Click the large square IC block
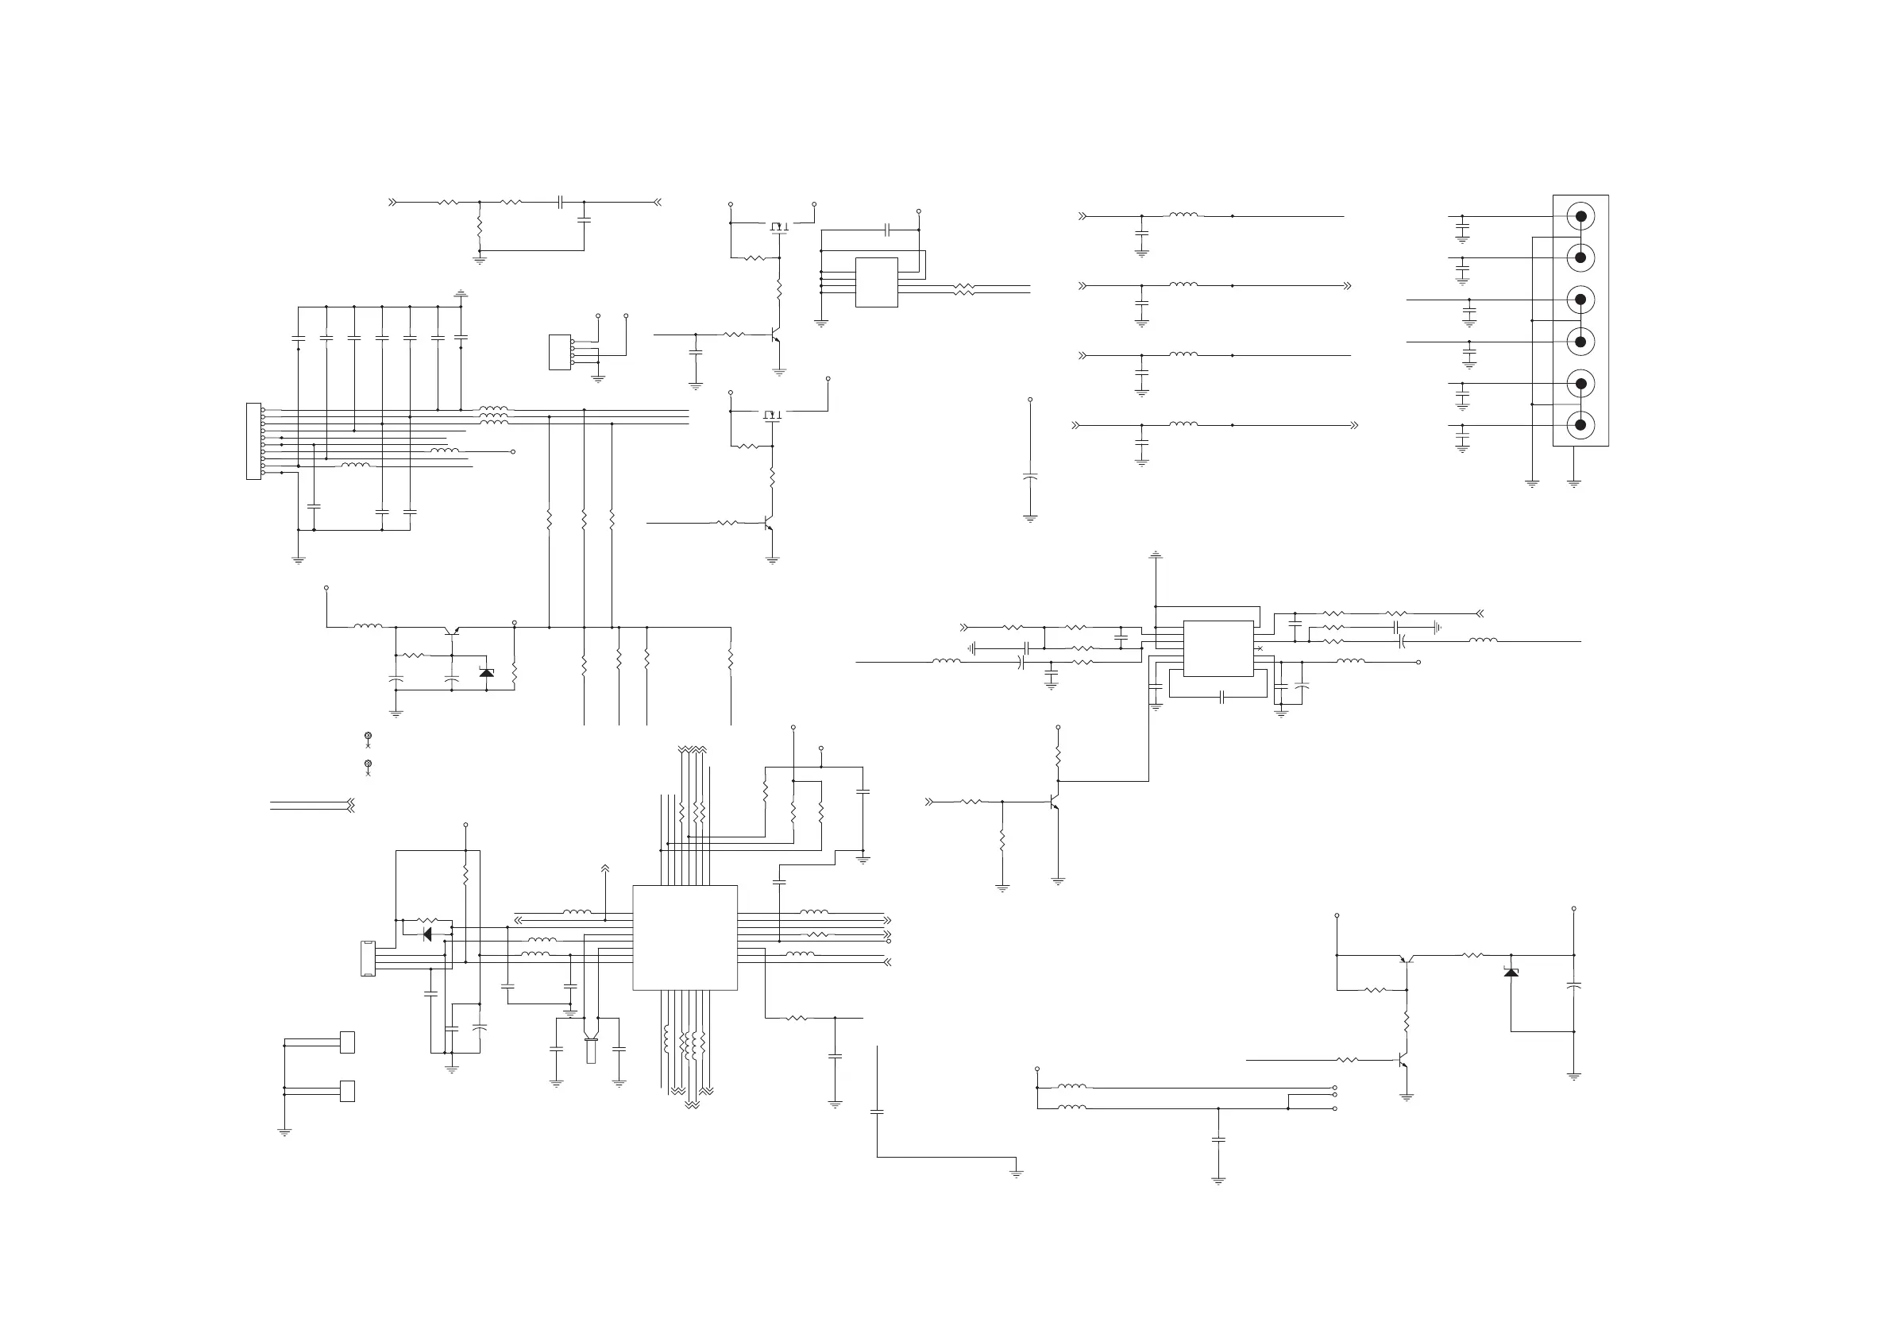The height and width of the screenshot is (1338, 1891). (x=685, y=938)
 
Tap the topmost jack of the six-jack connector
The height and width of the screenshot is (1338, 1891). (x=1580, y=217)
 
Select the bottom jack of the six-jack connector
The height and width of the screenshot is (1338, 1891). (x=1580, y=425)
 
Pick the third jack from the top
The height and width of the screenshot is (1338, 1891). (x=1580, y=300)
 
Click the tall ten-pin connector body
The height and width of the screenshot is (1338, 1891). (x=253, y=441)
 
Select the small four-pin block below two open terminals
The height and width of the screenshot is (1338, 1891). (x=559, y=352)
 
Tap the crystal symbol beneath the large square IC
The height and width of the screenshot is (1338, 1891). (x=591, y=1050)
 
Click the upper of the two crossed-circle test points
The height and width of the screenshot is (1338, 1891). (x=369, y=736)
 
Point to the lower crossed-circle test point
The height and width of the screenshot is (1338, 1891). (x=369, y=764)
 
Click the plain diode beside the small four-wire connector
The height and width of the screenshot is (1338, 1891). (x=426, y=934)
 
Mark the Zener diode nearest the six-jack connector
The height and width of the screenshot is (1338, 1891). (x=1511, y=973)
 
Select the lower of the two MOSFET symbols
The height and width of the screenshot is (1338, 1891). (x=772, y=414)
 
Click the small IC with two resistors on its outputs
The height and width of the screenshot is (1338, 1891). (x=876, y=283)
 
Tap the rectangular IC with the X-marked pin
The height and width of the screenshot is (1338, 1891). (x=1218, y=648)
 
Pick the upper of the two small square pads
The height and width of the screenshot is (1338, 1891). (x=348, y=1042)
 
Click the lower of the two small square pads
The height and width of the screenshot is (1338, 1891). (x=348, y=1091)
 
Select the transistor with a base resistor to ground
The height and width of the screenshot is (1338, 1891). (x=1053, y=802)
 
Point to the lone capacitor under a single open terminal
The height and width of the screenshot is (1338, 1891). (x=1029, y=476)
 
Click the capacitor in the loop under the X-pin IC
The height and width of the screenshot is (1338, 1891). (x=1223, y=697)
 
